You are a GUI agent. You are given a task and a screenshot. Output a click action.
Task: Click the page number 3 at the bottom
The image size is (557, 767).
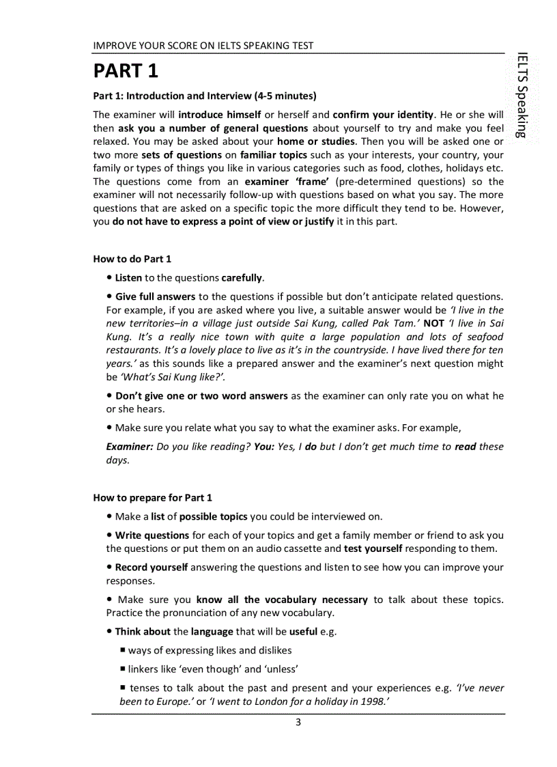pyautogui.click(x=298, y=723)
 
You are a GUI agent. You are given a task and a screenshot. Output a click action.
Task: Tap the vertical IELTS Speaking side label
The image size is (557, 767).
pyautogui.click(x=522, y=95)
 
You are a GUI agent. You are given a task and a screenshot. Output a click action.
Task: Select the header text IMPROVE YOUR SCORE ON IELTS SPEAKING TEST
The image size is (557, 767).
pyautogui.click(x=203, y=46)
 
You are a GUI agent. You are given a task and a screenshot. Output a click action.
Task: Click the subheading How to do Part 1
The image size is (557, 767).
pyautogui.click(x=132, y=259)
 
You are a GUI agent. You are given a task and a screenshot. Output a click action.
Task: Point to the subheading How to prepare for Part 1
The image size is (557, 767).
pyautogui.click(x=152, y=497)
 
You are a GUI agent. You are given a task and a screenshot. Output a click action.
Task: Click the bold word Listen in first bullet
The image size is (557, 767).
pyautogui.click(x=128, y=278)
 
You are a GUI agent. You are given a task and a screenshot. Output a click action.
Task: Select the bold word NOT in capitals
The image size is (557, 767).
pyautogui.click(x=434, y=323)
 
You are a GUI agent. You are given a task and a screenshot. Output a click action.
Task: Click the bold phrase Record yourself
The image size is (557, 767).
pyautogui.click(x=152, y=567)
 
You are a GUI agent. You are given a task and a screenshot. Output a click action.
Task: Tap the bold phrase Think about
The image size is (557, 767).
pyautogui.click(x=143, y=632)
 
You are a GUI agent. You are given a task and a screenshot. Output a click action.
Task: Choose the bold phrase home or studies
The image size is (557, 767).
pyautogui.click(x=315, y=141)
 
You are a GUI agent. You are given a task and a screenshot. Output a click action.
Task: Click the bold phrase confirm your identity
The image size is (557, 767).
pyautogui.click(x=383, y=114)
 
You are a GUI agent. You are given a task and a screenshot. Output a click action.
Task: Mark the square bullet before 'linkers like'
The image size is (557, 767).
pyautogui.click(x=123, y=669)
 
